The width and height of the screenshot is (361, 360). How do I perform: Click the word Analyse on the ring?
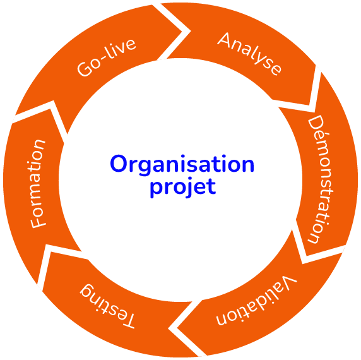[x=249, y=54]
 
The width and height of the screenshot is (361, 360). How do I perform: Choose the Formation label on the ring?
[x=38, y=184]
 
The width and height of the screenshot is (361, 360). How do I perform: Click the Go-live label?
[x=106, y=57]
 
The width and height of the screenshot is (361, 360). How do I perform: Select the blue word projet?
[x=183, y=188]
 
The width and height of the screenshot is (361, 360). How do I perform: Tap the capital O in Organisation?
[x=119, y=164]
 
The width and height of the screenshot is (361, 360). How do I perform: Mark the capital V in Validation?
[x=289, y=281]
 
